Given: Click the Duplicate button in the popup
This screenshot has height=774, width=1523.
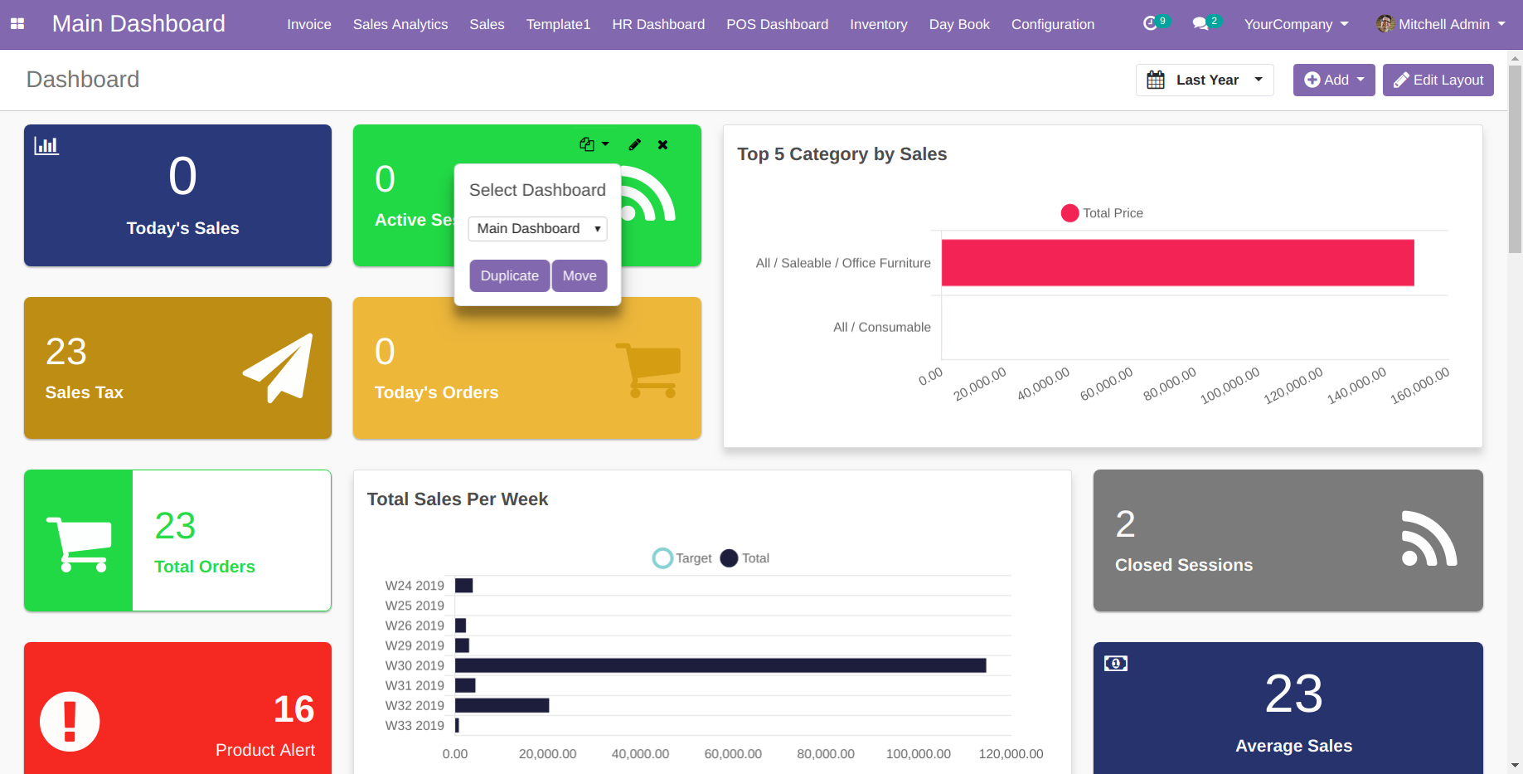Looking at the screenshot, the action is tap(510, 275).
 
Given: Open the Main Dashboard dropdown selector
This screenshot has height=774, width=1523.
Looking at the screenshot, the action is tap(537, 228).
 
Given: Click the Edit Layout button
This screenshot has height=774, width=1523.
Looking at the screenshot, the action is tap(1438, 80).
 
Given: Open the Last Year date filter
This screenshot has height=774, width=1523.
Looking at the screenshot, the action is tap(1205, 80).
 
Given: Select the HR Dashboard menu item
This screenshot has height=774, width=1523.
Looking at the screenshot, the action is tap(658, 24).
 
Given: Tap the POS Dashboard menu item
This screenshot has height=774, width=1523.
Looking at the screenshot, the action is tap(777, 24).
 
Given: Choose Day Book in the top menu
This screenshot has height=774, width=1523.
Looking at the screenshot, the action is tap(959, 24).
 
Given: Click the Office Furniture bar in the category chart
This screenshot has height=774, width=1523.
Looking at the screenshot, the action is tap(1177, 263).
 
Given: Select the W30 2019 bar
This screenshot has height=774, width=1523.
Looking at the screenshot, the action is tap(720, 665).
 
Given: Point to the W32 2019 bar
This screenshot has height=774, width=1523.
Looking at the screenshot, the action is tap(502, 705).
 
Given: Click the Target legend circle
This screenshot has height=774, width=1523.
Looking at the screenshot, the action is tap(662, 558).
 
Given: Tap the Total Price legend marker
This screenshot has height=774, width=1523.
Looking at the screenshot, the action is tap(1069, 213).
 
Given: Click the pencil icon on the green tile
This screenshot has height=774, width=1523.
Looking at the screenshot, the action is tap(635, 144).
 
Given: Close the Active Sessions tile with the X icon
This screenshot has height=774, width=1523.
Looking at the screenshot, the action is tap(662, 144).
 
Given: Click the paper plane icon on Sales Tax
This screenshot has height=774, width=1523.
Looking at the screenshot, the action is tap(279, 368).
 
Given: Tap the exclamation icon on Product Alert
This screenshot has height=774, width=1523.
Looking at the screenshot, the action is tap(70, 722).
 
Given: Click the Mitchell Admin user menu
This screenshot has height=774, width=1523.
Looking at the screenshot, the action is tap(1441, 24).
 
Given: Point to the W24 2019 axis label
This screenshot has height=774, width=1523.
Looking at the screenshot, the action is tap(415, 586).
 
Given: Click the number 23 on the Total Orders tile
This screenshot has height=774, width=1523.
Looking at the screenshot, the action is tap(176, 526).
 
